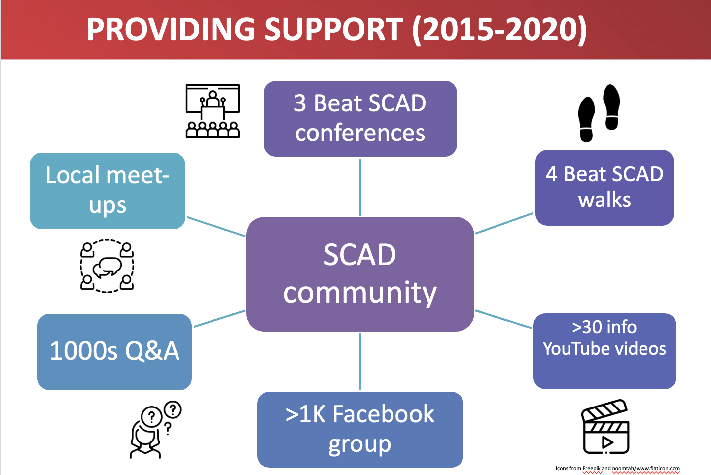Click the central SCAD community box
coord(360,274)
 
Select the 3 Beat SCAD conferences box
coord(360,119)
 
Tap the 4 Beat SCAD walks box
coord(604,188)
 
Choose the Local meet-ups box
coord(107,191)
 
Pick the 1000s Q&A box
coord(114,352)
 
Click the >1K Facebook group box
coord(360,430)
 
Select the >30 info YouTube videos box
coord(604,351)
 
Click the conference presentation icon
coord(213,111)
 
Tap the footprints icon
coord(599,113)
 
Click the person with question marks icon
coord(155,430)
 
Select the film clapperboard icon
coord(605,426)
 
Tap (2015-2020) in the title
coord(499,30)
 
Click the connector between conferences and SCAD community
coord(360,187)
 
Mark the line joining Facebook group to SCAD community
coord(360,361)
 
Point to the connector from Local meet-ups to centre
coord(216,227)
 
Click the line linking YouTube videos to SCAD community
coord(503,319)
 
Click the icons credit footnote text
coord(618,468)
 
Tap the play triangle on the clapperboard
coord(607,442)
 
